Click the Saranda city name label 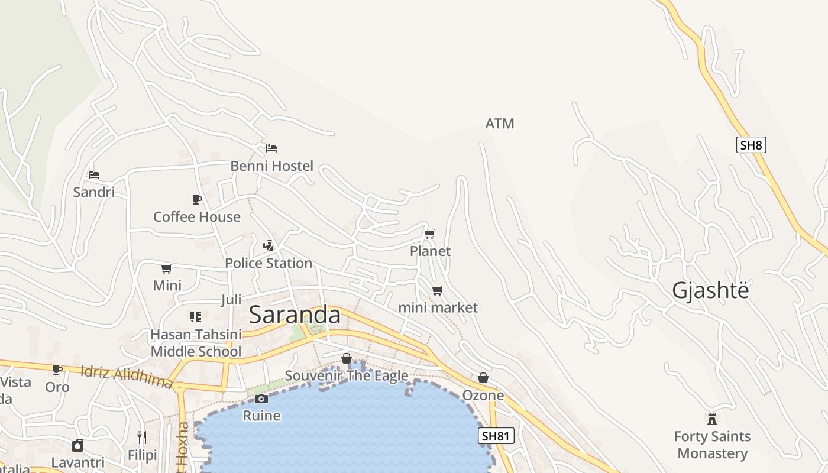(x=295, y=315)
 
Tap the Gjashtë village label (x=710, y=291)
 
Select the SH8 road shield (x=751, y=145)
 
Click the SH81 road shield (x=496, y=436)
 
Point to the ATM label (x=500, y=124)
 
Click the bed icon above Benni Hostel (x=271, y=148)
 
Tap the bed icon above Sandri (x=94, y=174)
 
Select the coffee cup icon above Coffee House (x=197, y=199)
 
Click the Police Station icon (x=268, y=245)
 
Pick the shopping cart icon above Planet (x=430, y=234)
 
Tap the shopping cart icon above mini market (x=437, y=290)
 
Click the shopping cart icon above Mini (x=167, y=268)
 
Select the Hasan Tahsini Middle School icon (x=196, y=316)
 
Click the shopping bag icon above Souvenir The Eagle (x=347, y=358)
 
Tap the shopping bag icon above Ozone (x=483, y=378)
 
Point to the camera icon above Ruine (x=261, y=399)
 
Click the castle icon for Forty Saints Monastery (x=712, y=419)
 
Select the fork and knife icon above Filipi (x=142, y=437)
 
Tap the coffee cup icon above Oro (x=57, y=370)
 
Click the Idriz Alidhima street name (x=126, y=376)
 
